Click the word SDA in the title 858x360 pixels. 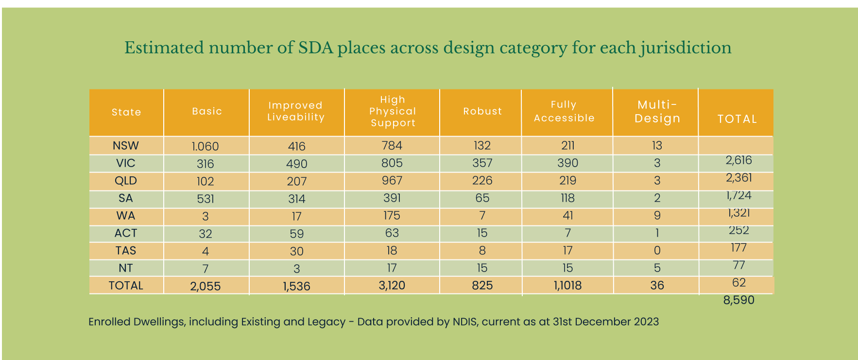point(316,48)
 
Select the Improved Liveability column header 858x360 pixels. point(296,111)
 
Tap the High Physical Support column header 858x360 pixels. point(393,111)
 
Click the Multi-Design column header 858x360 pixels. point(657,112)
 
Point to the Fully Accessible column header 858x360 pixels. point(564,111)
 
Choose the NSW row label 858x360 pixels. point(126,146)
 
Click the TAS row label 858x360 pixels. point(126,251)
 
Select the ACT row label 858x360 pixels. point(126,233)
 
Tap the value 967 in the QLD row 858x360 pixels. point(392,181)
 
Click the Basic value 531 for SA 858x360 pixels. point(206,199)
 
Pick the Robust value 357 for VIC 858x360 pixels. point(482,163)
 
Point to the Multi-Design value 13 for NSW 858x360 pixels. point(657,146)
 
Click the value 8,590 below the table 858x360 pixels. point(738,300)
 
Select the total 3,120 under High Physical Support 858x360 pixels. point(392,286)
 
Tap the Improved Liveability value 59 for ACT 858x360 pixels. point(297,234)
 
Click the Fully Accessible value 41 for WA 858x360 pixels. point(568,216)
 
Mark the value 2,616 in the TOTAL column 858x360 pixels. point(738,160)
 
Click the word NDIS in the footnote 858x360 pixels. point(464,322)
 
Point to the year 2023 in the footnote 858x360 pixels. point(646,322)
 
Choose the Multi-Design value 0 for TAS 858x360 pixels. point(657,251)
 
